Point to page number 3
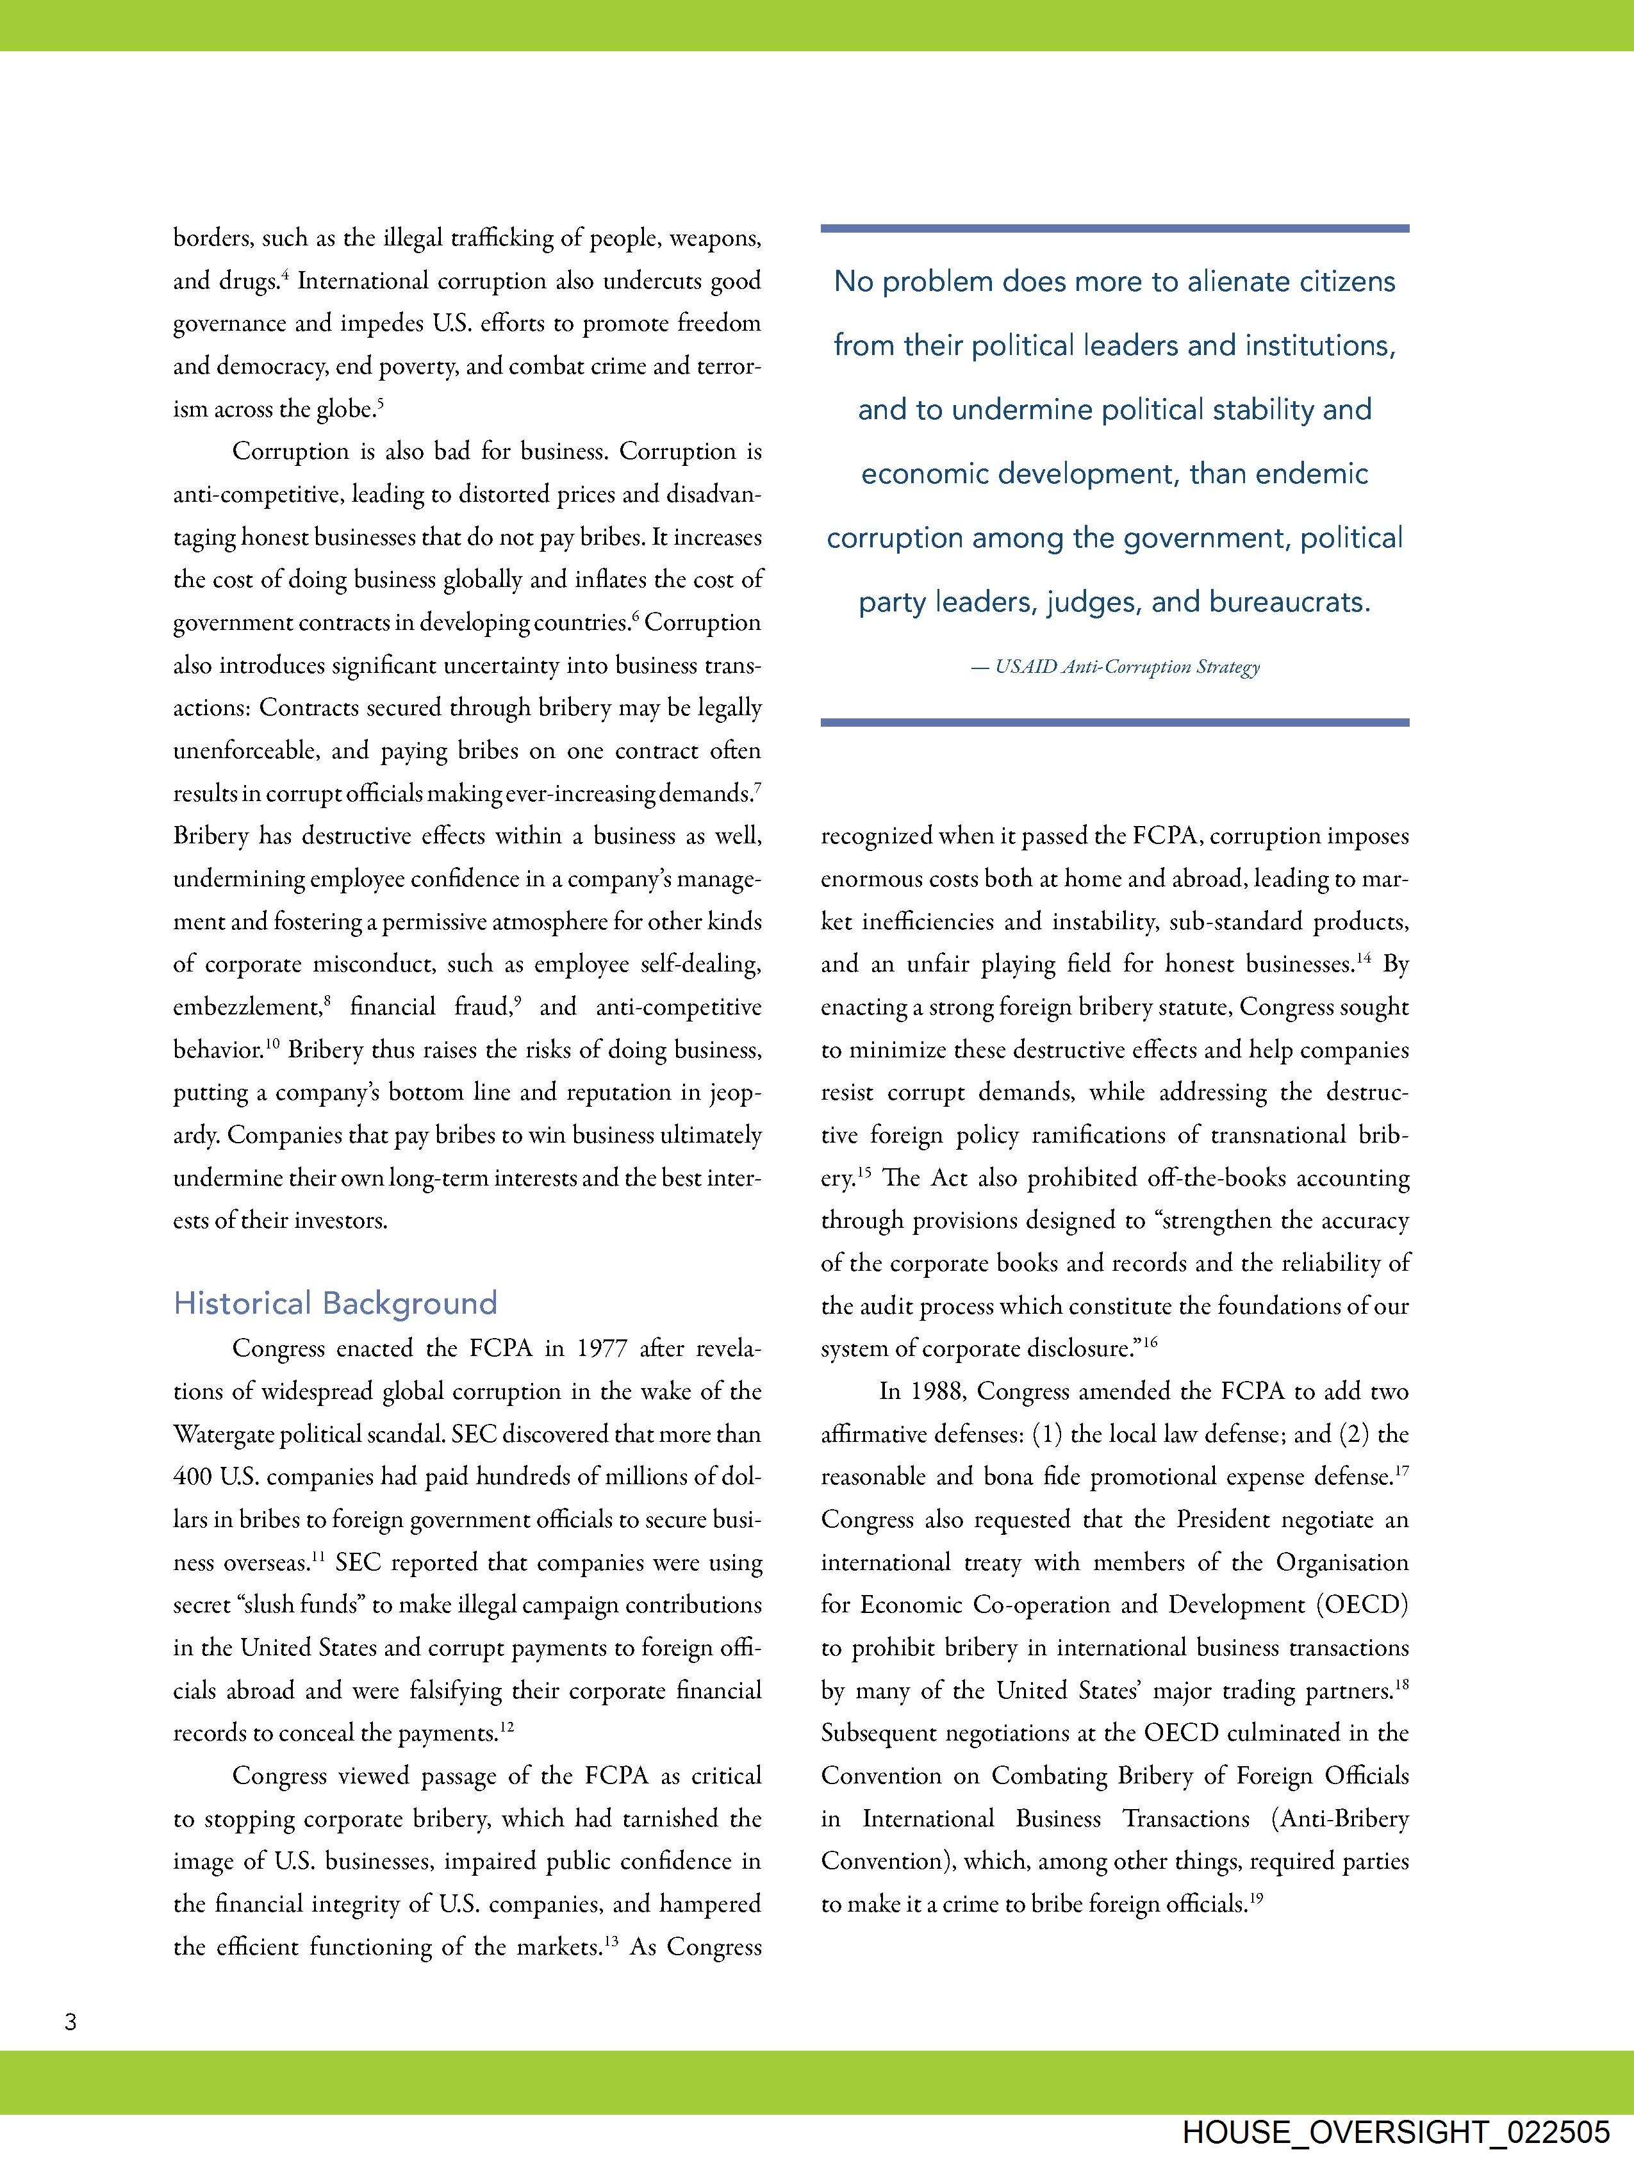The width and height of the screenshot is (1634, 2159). [x=70, y=2021]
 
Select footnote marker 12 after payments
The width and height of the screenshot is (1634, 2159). [x=507, y=1726]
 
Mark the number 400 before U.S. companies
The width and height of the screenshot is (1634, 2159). [x=192, y=1477]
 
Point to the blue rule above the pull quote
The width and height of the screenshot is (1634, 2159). [x=1115, y=228]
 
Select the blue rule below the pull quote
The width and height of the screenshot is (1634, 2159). [x=1115, y=722]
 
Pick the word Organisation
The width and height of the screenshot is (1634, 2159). [x=1342, y=1562]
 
